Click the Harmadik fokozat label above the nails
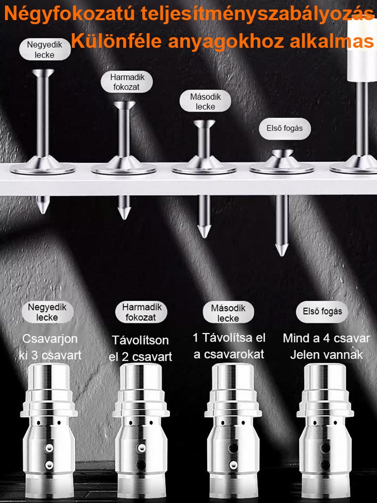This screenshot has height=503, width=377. tap(127, 82)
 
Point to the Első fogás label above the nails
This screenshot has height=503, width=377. tap(285, 128)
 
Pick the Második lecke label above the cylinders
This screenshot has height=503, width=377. tap(228, 313)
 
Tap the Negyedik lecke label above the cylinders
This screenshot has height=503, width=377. tap(47, 312)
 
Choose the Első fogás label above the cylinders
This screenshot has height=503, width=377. tap(322, 311)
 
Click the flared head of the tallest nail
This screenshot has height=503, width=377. tap(43, 73)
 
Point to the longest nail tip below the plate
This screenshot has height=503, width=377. tap(282, 250)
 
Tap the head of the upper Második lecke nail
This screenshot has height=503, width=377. tap(204, 124)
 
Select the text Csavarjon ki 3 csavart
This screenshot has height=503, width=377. tap(50, 347)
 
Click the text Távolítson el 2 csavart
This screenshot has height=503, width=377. tap(140, 349)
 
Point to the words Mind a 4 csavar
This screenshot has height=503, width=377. tap(326, 338)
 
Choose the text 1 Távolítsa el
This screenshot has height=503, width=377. tap(229, 338)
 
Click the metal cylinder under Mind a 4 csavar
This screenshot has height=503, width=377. tap(325, 430)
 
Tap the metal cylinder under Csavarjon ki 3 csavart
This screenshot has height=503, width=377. tap(49, 430)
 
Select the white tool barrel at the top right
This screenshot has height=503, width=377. tap(362, 48)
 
